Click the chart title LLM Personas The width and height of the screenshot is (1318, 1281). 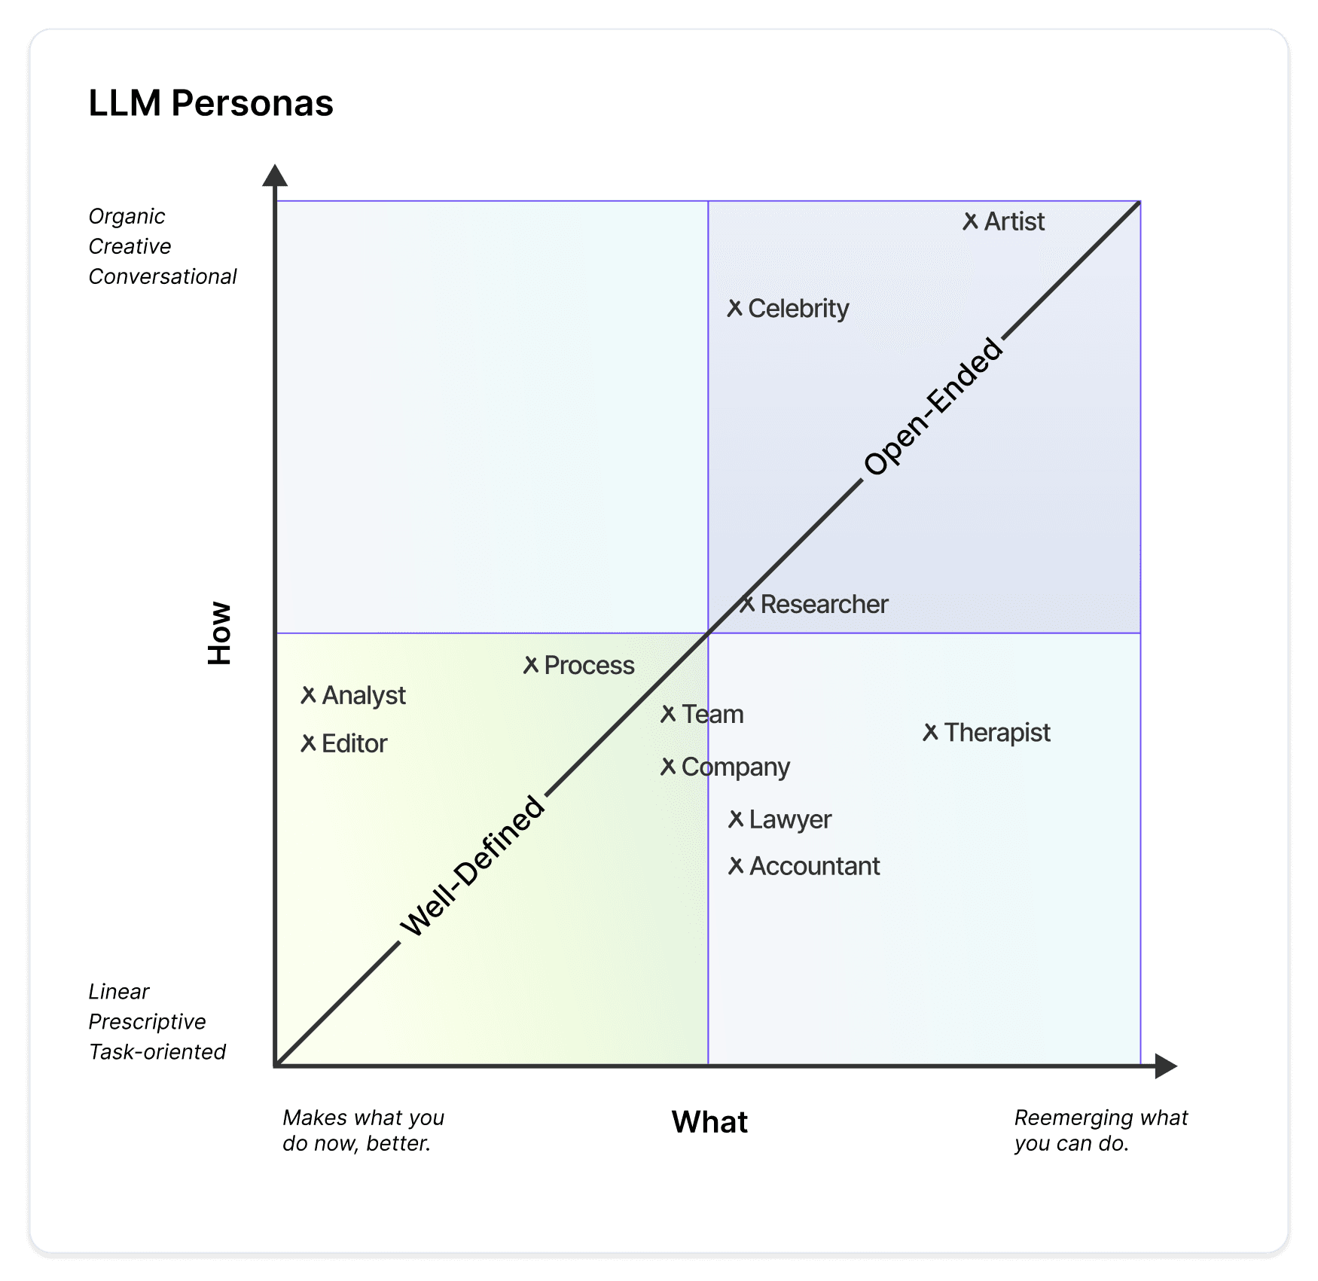coord(211,103)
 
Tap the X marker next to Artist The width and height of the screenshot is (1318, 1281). coord(970,221)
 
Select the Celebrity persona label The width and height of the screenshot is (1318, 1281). coord(798,309)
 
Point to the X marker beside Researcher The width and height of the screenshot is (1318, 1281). coord(746,604)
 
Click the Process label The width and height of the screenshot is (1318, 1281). coord(589,666)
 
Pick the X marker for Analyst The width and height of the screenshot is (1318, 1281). coord(308,695)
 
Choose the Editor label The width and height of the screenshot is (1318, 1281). coord(354,744)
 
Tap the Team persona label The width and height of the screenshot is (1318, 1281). coord(712,714)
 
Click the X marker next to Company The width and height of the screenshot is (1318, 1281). coord(668,767)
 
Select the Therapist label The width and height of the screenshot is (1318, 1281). coord(996,733)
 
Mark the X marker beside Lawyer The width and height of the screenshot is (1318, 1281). coord(736,819)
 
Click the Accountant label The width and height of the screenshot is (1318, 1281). coord(814,866)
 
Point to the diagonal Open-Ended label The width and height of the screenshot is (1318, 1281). coord(932,407)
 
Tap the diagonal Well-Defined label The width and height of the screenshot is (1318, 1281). coord(472,867)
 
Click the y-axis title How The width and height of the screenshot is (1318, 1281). coord(220,633)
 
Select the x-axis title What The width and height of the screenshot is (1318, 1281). coord(709,1122)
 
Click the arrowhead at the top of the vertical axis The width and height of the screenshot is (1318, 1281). coord(275,175)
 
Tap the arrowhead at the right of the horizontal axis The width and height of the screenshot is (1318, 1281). coord(1165,1066)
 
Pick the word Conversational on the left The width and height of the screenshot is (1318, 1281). coord(163,277)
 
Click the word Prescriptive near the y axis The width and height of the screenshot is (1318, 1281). coord(147,1022)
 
